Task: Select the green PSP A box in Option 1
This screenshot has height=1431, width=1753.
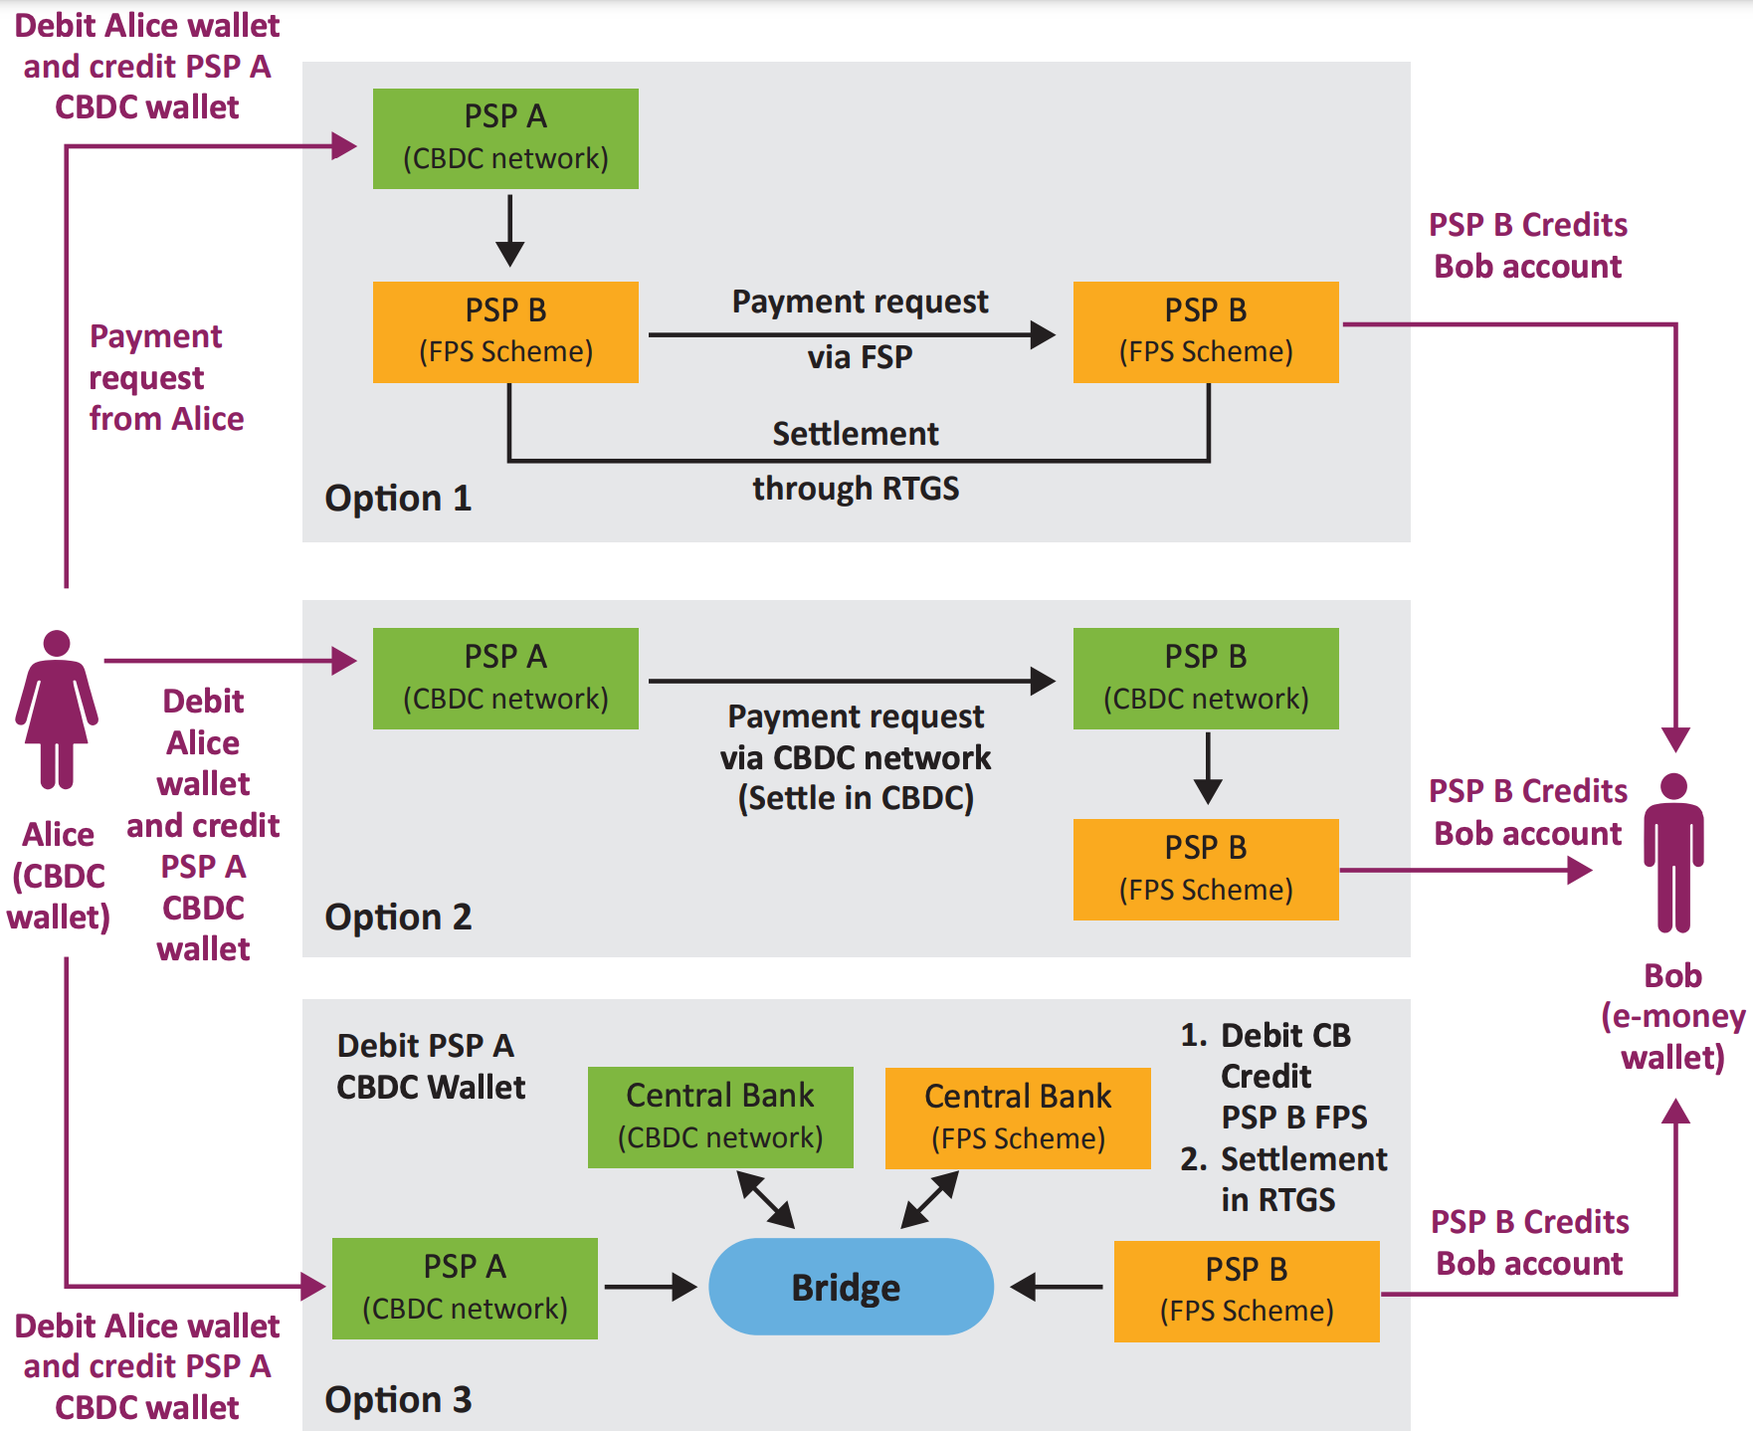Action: pos(505,138)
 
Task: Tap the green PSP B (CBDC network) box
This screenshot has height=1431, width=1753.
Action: pos(1206,678)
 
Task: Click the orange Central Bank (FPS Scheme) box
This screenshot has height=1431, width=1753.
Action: pos(1018,1118)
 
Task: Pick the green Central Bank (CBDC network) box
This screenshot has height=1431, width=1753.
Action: pos(720,1117)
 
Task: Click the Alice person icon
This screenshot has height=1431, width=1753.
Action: pos(57,709)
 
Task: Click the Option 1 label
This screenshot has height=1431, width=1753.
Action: pos(398,498)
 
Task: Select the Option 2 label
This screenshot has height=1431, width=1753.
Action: pos(398,917)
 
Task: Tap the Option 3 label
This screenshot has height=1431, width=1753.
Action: pos(398,1399)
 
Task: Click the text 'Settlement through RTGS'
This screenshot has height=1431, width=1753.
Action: pos(856,461)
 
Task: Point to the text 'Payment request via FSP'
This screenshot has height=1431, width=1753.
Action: pos(860,328)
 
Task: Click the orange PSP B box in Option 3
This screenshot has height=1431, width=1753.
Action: pos(1247,1291)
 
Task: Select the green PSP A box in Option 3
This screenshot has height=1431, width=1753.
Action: pos(465,1288)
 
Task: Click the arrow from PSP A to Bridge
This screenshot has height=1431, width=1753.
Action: pos(651,1287)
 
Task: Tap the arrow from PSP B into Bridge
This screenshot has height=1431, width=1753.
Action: pos(1057,1287)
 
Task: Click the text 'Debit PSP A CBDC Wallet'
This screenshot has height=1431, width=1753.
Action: pos(430,1066)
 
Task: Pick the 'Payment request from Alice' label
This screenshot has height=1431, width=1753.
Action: pos(165,377)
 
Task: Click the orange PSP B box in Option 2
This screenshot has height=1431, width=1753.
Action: pos(1206,869)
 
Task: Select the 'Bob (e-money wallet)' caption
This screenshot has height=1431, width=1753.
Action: pos(1672,1016)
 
